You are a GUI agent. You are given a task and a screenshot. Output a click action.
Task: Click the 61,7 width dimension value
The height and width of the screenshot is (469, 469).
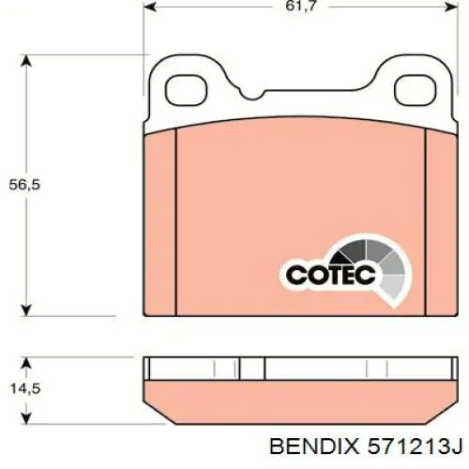coord(301,6)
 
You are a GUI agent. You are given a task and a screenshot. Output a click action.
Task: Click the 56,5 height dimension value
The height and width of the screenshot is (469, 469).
coord(24,185)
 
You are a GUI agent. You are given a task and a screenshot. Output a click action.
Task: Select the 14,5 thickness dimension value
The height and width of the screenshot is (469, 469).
coord(25,389)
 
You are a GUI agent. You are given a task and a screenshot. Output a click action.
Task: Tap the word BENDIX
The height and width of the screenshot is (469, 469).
coord(314,446)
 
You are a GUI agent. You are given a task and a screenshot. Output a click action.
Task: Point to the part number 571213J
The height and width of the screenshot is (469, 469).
coord(415,446)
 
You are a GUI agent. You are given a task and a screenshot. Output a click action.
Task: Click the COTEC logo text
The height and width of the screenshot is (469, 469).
coord(331,275)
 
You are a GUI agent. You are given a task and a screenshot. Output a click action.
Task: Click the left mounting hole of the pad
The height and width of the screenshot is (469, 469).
coord(186,90)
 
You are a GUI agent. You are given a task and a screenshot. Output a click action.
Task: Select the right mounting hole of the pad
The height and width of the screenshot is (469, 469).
coord(415,90)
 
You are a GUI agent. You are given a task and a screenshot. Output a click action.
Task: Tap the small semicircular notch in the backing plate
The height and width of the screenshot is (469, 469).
coord(252,95)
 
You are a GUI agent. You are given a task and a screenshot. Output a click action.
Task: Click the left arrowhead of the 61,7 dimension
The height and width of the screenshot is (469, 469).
coord(150,7)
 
